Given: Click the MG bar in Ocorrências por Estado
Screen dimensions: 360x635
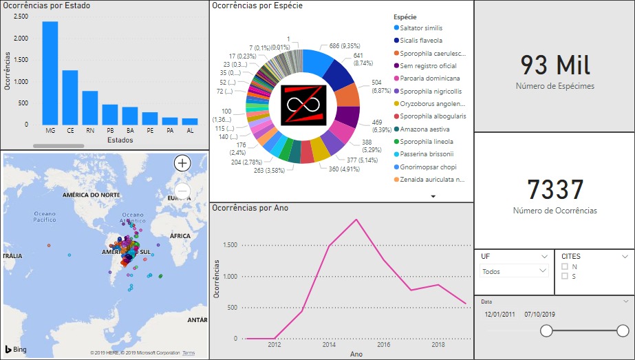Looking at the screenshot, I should click(50, 73).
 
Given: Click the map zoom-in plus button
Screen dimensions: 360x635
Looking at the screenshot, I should click(182, 163).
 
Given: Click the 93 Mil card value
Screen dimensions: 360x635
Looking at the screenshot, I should click(555, 65).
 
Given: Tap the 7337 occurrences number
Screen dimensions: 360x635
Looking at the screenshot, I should click(555, 191).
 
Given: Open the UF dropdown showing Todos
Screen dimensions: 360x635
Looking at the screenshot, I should click(514, 271).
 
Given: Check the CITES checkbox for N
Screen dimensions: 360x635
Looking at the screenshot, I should click(565, 266).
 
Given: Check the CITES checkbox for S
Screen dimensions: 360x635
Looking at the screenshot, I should click(565, 276).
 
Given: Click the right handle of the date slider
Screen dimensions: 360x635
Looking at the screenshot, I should click(623, 331).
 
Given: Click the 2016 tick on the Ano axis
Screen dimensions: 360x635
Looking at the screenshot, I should click(383, 344).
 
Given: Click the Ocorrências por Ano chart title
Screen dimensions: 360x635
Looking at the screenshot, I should click(250, 207).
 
